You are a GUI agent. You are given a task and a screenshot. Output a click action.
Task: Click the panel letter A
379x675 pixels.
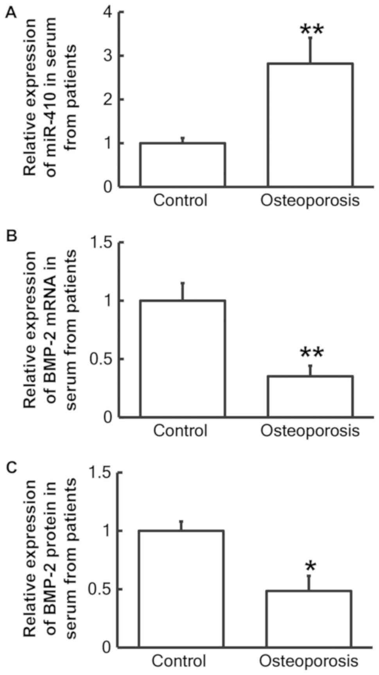(12, 14)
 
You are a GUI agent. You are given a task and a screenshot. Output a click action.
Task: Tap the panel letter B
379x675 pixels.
(12, 236)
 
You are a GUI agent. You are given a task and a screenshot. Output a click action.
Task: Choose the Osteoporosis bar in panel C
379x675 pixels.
(309, 618)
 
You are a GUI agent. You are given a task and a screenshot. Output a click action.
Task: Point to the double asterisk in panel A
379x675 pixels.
(312, 30)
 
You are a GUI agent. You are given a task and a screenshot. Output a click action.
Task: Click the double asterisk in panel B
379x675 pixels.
(312, 354)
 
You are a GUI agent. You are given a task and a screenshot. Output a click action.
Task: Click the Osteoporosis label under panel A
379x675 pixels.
(310, 201)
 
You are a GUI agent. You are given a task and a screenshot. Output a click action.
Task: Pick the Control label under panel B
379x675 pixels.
(180, 431)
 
